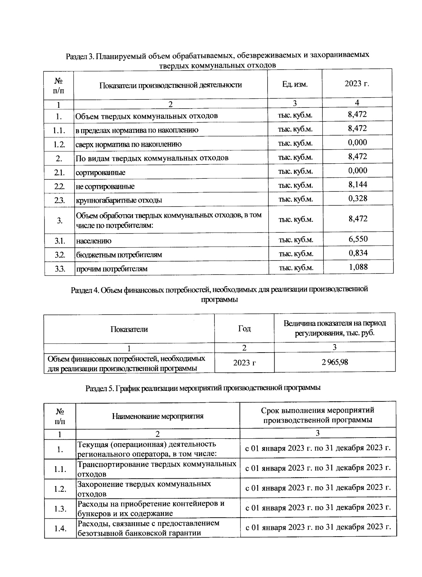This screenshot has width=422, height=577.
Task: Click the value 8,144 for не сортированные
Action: point(358,185)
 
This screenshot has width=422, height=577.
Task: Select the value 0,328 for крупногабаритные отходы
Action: point(358,198)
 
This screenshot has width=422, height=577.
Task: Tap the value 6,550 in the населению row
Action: point(358,239)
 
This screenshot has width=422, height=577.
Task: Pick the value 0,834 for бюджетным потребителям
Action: point(358,253)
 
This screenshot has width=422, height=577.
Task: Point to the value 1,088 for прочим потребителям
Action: point(358,267)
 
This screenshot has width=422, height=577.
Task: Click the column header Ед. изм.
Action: point(295,84)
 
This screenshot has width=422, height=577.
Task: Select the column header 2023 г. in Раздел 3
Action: point(357,84)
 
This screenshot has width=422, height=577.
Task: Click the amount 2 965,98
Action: point(334,362)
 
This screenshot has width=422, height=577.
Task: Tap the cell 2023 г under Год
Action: point(244,363)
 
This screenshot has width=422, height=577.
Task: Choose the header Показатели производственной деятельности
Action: point(171,85)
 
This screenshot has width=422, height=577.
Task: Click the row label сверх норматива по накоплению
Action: point(129,144)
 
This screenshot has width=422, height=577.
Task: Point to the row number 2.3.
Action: point(59,200)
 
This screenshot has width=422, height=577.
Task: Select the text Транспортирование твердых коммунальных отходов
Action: point(156,469)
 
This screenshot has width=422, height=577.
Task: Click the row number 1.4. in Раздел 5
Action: point(60,528)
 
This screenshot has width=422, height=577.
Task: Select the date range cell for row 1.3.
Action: point(318,507)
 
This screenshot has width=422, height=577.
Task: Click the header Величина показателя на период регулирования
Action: point(334,328)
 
